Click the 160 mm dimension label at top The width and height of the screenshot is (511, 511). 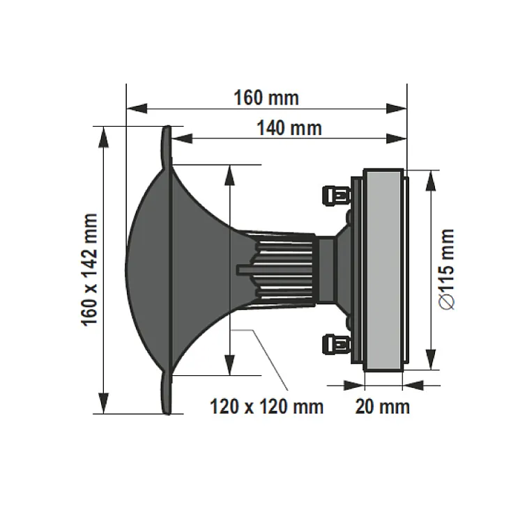[266, 97]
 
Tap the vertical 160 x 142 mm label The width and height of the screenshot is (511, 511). [89, 270]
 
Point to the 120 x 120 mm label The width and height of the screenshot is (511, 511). [267, 406]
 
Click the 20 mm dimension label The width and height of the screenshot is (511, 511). [382, 406]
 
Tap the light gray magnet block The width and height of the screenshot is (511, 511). [383, 269]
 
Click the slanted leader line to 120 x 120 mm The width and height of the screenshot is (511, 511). [268, 361]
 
